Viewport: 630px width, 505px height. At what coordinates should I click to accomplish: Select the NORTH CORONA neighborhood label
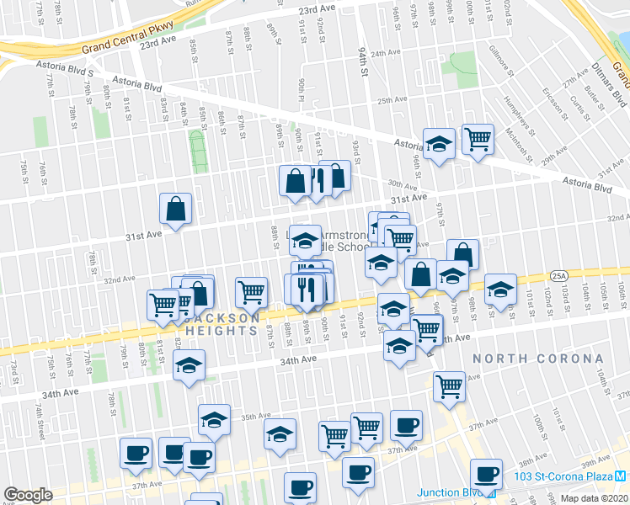tap(538, 359)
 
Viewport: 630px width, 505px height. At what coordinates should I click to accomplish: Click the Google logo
tap(28, 494)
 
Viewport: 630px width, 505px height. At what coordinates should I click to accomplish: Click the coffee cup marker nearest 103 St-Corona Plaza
tap(486, 474)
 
